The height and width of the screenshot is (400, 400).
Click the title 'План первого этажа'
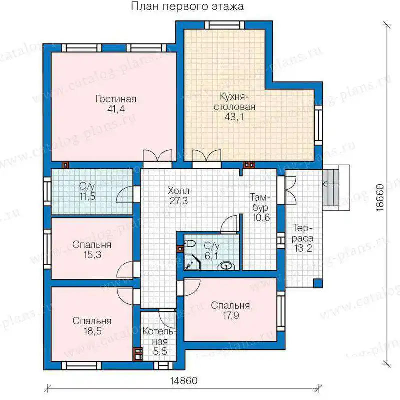[x=187, y=7]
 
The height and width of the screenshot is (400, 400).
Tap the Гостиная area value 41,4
[x=116, y=109]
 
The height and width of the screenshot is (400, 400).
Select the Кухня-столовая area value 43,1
[x=234, y=117]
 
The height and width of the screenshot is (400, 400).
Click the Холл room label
[x=179, y=191]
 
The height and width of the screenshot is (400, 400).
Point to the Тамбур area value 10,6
[x=261, y=218]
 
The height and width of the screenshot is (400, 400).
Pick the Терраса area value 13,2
[x=303, y=248]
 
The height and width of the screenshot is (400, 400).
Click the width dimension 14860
[x=184, y=381]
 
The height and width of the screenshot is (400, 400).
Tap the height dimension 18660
[x=380, y=197]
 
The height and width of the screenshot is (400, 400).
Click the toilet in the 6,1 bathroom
[x=190, y=244]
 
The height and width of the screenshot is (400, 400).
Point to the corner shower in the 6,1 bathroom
[x=192, y=262]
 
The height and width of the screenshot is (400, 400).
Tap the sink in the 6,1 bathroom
[x=225, y=266]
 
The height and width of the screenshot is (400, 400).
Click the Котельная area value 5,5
[x=160, y=352]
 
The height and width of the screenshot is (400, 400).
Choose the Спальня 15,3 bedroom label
[x=92, y=249]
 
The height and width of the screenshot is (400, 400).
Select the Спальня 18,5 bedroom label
[x=92, y=326]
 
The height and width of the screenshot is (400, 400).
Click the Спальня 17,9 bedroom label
[x=231, y=310]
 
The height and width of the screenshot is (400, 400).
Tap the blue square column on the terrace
[x=318, y=283]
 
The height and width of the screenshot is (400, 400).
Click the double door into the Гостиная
[x=157, y=158]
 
